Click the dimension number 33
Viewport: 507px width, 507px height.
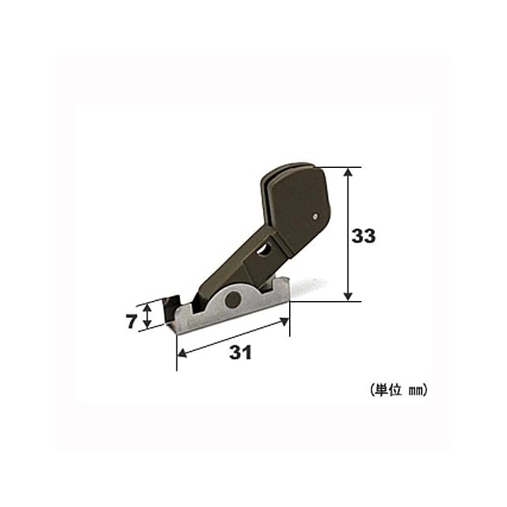[364, 236]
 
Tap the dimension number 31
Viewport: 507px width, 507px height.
[240, 352]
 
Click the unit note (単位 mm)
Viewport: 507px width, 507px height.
[398, 390]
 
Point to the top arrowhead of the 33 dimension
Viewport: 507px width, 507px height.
[348, 172]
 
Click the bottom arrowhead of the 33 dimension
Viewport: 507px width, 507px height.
[348, 296]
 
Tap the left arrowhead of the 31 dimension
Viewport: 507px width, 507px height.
[182, 353]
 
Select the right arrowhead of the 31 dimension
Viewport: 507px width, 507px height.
[284, 322]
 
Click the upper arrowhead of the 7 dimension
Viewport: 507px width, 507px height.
[147, 307]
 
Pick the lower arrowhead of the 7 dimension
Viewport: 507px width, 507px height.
[147, 324]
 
